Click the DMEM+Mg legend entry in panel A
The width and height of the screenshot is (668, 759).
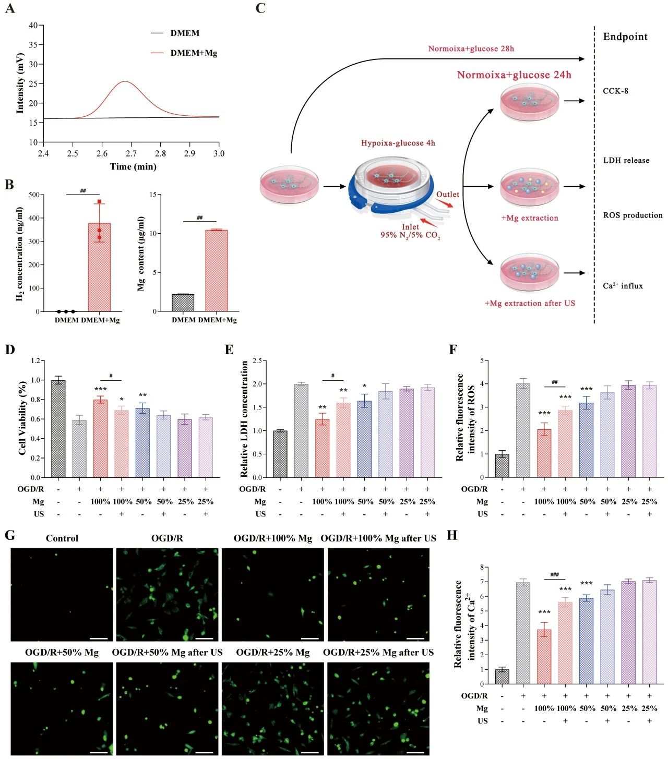tap(193, 53)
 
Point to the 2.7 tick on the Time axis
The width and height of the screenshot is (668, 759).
tap(131, 153)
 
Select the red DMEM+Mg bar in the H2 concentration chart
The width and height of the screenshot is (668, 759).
tap(99, 267)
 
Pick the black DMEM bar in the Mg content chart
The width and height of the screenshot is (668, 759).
tap(183, 303)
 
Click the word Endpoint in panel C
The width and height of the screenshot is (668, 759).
tap(625, 37)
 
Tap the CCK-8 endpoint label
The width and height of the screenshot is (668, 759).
tap(615, 91)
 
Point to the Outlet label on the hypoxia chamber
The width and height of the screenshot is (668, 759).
tap(448, 194)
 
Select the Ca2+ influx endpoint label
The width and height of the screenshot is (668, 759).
tap(623, 286)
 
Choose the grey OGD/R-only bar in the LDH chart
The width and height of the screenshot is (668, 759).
tap(301, 430)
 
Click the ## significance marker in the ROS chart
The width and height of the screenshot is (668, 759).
tap(554, 382)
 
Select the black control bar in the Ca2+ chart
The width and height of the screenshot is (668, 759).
tap(502, 677)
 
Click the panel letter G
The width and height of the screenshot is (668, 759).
tap(9, 536)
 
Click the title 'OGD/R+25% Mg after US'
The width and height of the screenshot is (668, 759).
tap(378, 653)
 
